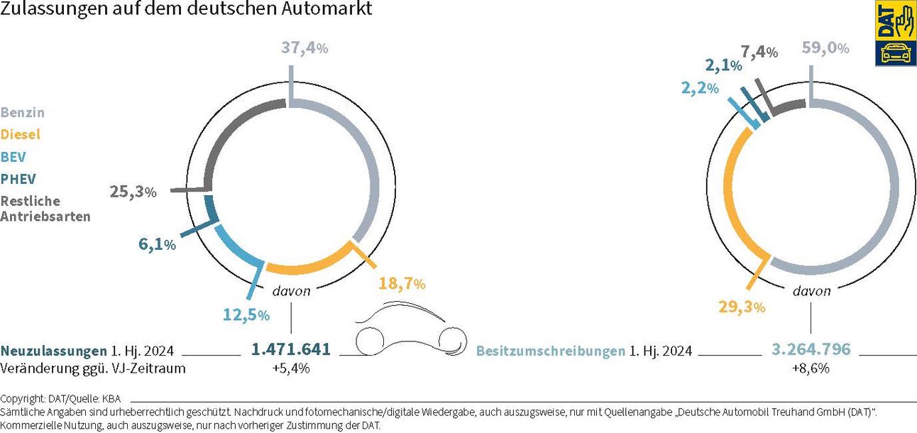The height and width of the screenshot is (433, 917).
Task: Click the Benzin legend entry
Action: tap(23, 113)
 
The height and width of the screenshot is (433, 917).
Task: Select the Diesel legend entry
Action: tap(21, 135)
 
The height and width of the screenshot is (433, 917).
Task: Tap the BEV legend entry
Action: tap(13, 157)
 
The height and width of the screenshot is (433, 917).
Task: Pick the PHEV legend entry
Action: tap(18, 179)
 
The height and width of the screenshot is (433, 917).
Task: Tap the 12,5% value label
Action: tap(245, 314)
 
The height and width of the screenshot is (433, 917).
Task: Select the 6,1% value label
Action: tap(157, 245)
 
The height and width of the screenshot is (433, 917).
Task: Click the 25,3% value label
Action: tap(132, 192)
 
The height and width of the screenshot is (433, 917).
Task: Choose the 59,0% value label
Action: tap(825, 48)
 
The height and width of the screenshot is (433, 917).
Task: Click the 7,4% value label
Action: tap(759, 52)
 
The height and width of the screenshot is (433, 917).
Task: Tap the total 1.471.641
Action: tap(291, 350)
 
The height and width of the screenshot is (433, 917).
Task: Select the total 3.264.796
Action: tap(811, 350)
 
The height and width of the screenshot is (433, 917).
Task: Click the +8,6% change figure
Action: tap(811, 368)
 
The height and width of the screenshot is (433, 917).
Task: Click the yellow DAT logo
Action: tap(896, 33)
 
